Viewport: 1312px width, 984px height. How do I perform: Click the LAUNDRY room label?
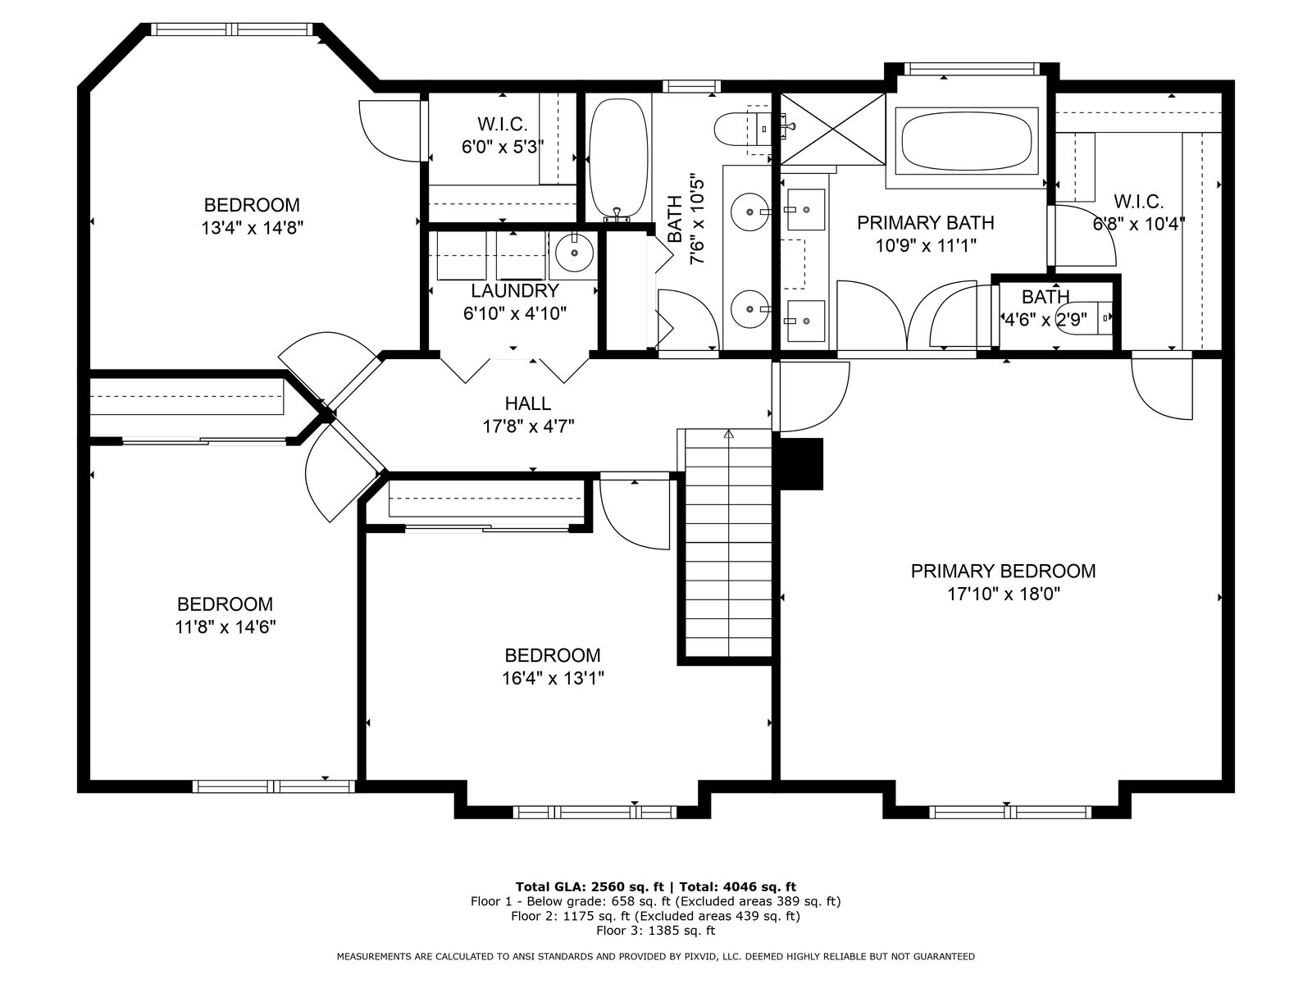click(515, 291)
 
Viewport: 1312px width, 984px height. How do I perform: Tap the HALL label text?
click(528, 404)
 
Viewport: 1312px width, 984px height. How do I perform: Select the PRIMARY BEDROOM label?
click(1003, 572)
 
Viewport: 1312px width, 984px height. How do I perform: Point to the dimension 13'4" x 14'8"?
click(253, 228)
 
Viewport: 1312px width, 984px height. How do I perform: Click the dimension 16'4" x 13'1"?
click(553, 679)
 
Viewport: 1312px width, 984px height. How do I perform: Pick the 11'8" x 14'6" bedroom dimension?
click(225, 627)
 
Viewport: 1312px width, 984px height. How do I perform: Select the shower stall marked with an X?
click(832, 129)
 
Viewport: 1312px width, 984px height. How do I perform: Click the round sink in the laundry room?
click(575, 253)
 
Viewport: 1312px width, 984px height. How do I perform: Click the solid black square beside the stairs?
click(801, 464)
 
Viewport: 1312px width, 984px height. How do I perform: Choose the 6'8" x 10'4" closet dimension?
click(1139, 224)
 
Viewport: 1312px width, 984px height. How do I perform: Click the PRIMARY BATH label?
click(925, 223)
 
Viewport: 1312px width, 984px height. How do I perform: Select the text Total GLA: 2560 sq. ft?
click(590, 887)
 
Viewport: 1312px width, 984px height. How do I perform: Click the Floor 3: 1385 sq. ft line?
click(656, 930)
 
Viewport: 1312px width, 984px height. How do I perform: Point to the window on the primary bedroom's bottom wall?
click(1010, 812)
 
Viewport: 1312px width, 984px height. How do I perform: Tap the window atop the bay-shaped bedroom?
click(230, 30)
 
